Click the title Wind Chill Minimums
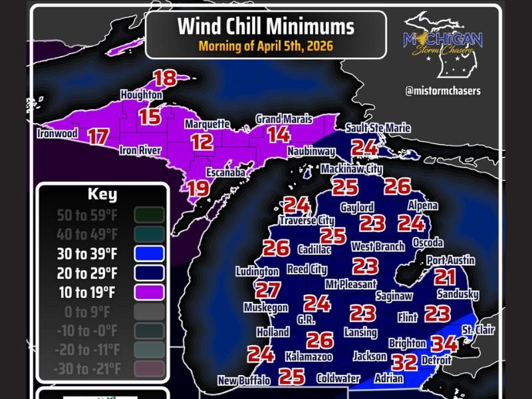[265, 26]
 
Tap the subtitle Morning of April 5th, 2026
[265, 47]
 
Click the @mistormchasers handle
[443, 91]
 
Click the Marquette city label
[207, 124]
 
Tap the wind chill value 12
[202, 142]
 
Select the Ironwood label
[58, 134]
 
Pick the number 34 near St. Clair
[444, 344]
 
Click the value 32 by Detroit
[404, 362]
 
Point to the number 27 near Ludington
[267, 290]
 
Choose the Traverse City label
[307, 220]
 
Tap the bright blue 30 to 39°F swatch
[148, 253]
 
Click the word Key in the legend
[102, 195]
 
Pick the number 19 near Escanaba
[198, 188]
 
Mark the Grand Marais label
[284, 119]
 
